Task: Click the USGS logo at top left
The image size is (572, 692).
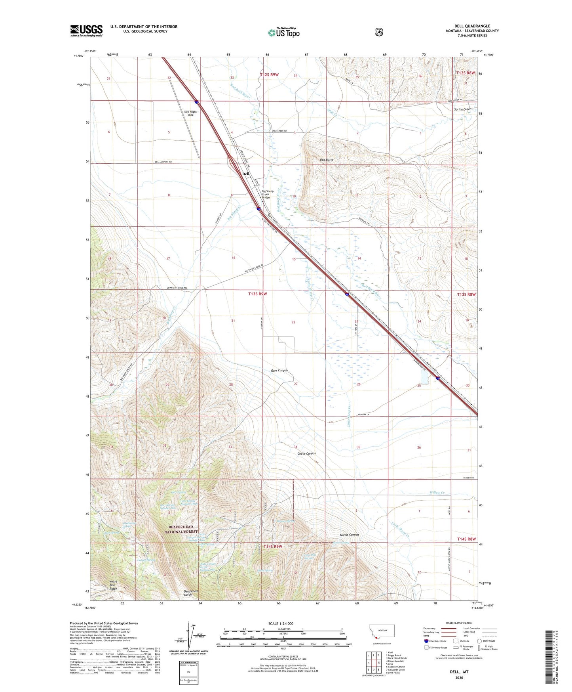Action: coord(86,31)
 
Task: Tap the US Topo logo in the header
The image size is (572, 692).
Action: coord(283,33)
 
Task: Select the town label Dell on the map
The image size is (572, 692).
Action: coord(246,174)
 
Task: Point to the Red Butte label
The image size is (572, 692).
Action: coord(327,159)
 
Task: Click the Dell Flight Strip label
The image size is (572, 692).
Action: coord(190,113)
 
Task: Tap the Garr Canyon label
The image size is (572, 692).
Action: coord(279,370)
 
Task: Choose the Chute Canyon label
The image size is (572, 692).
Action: coord(306,453)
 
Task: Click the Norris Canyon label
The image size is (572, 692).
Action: coord(349,535)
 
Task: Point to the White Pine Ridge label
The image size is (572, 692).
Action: coord(113,584)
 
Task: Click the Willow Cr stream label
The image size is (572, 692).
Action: coord(437,493)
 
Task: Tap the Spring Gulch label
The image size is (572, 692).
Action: coord(462,109)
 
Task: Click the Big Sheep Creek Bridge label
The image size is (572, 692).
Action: coord(268,194)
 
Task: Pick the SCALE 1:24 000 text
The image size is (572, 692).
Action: coord(281,623)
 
